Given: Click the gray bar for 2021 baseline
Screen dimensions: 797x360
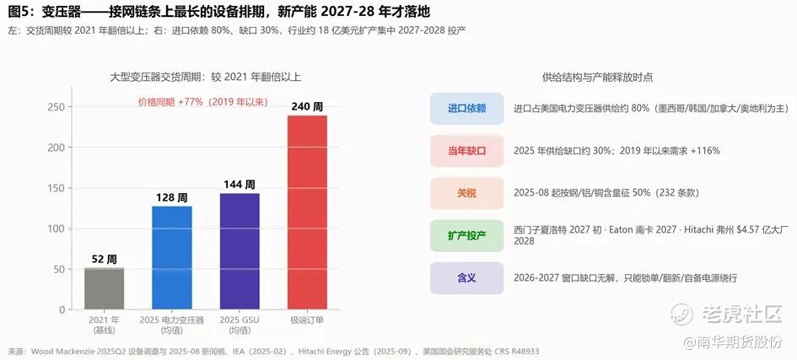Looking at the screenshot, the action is click(105, 288).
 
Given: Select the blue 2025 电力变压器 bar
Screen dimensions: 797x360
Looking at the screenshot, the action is click(172, 257).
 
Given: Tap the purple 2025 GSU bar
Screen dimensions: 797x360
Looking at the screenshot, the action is click(240, 251).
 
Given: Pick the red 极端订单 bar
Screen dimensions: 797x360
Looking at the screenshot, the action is click(308, 212).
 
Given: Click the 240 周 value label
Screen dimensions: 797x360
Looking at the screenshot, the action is click(307, 107).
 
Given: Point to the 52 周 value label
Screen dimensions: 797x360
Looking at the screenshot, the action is click(105, 260).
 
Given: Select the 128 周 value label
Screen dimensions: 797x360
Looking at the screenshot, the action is click(172, 197).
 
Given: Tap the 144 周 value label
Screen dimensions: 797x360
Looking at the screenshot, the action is click(240, 185).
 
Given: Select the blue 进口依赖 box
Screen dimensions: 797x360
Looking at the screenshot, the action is click(466, 109).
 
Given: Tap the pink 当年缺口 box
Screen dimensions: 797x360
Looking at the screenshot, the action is click(466, 151).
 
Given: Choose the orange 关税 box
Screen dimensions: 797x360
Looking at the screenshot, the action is click(466, 193).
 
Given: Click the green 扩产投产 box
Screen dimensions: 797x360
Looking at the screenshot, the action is click(466, 235).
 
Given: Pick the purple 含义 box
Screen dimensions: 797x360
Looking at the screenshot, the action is click(466, 278).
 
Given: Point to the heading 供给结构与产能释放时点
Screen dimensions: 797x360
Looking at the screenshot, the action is click(598, 78).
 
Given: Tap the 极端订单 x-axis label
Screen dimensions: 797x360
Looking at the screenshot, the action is click(308, 320).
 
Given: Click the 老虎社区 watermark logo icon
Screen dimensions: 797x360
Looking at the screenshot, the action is click(681, 314).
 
